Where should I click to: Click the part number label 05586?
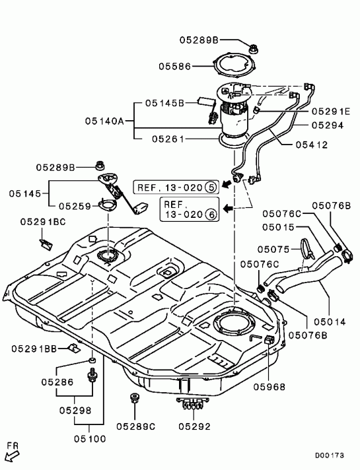pyautogui.click(x=174, y=66)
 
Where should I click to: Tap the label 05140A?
pyautogui.click(x=104, y=121)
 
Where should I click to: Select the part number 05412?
pyautogui.click(x=312, y=145)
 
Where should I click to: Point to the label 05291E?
pyautogui.click(x=330, y=112)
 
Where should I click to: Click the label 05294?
pyautogui.click(x=328, y=125)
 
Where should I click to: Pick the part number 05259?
pyautogui.click(x=75, y=206)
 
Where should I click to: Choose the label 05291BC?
pyautogui.click(x=43, y=222)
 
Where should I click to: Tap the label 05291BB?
pyautogui.click(x=34, y=349)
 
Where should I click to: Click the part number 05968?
pyautogui.click(x=269, y=387)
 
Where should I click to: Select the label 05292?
pyautogui.click(x=194, y=426)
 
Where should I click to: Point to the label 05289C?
pyautogui.click(x=136, y=426)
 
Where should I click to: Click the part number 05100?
pyautogui.click(x=90, y=439)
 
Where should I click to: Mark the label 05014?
pyautogui.click(x=330, y=322)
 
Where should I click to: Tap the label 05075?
pyautogui.click(x=273, y=249)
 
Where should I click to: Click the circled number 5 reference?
pyautogui.click(x=210, y=187)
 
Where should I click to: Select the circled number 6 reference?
pyautogui.click(x=211, y=215)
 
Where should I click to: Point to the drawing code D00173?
pyautogui.click(x=330, y=455)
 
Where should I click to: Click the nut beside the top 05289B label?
pyautogui.click(x=254, y=48)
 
